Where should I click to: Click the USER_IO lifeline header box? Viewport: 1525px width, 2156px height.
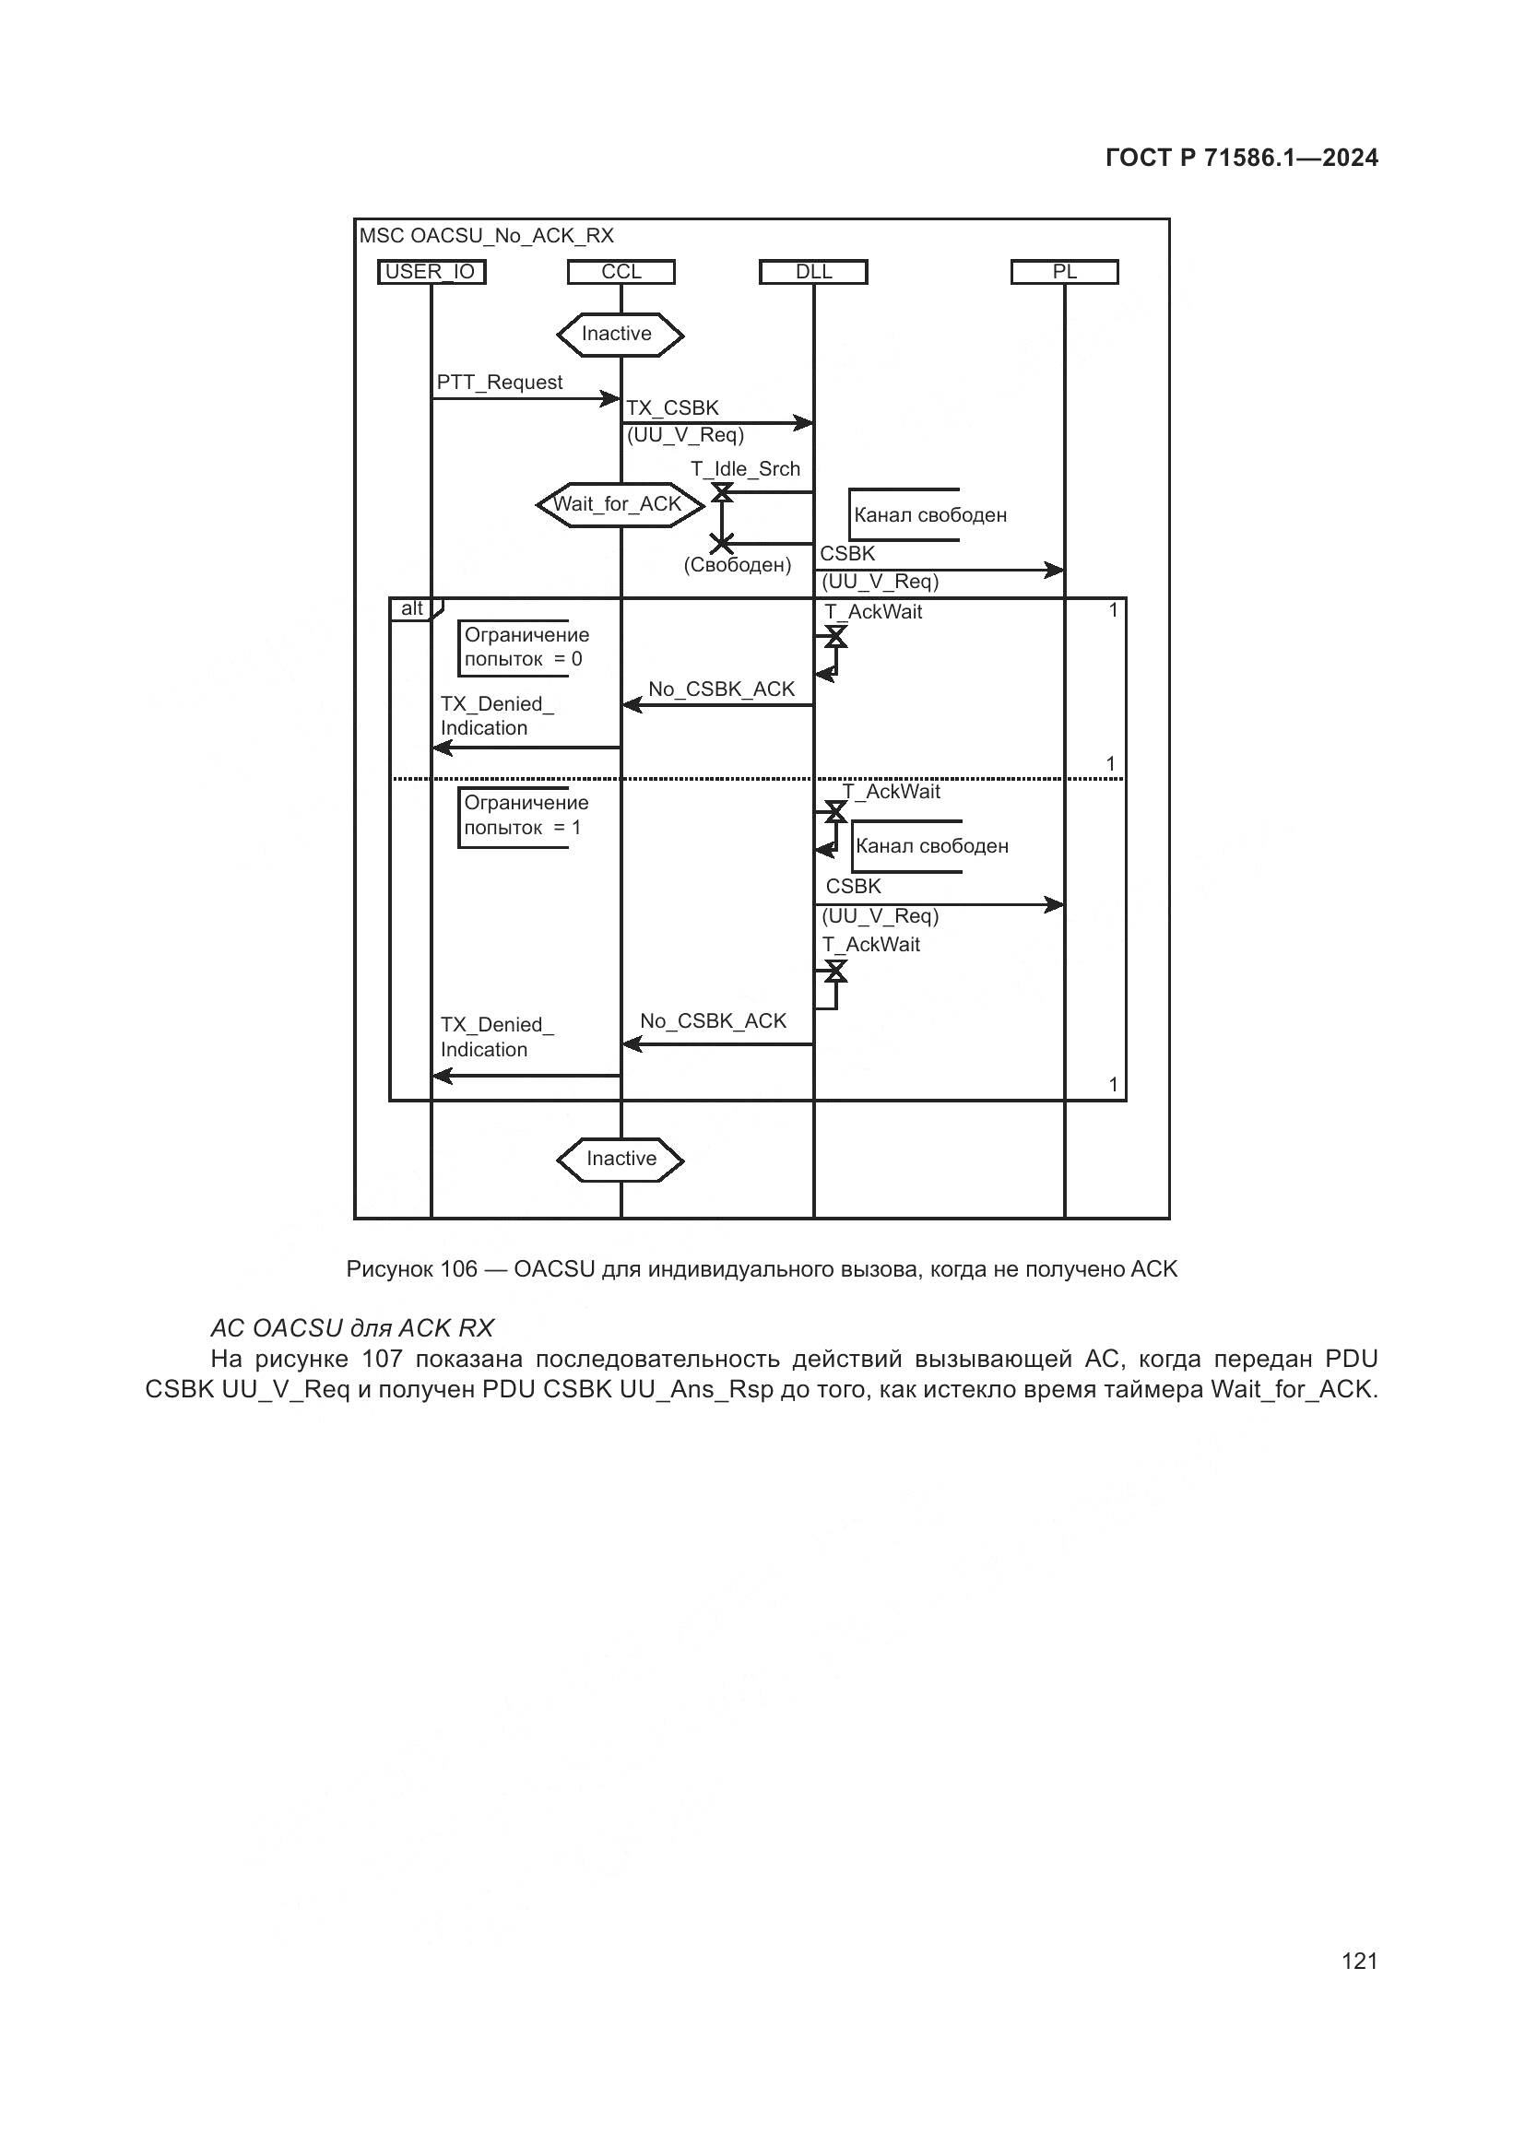click(x=431, y=272)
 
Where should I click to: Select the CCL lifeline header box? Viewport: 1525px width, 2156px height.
click(x=621, y=272)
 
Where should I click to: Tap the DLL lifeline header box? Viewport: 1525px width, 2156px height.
click(x=813, y=272)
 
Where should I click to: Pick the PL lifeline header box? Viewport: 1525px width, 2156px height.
click(x=1064, y=272)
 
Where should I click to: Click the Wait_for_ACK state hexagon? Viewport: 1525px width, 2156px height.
click(x=619, y=505)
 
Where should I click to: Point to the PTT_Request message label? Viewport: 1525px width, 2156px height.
click(x=500, y=383)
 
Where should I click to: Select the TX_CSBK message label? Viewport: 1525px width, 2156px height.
click(x=672, y=408)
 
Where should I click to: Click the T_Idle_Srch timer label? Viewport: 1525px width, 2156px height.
click(x=746, y=469)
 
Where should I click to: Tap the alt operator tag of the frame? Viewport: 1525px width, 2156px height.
click(x=412, y=608)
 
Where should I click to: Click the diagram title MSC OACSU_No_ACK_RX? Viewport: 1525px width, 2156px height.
click(x=487, y=236)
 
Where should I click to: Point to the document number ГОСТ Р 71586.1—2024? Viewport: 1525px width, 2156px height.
click(x=1241, y=158)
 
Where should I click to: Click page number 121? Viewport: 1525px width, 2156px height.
click(x=1360, y=1961)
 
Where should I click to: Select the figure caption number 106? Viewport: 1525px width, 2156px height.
click(x=458, y=1269)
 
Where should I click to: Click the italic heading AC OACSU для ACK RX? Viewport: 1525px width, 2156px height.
click(x=351, y=1327)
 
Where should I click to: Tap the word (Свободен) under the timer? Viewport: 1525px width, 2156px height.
click(x=738, y=565)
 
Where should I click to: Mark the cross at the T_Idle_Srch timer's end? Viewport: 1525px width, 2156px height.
click(x=721, y=543)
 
